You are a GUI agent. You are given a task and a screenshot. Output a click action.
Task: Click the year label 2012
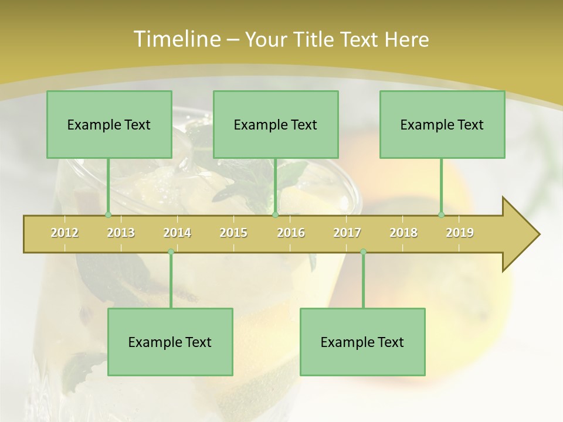[x=65, y=233]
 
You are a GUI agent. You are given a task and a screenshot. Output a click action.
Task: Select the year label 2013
[x=121, y=233]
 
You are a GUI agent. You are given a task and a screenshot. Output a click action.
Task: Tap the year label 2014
[x=177, y=233]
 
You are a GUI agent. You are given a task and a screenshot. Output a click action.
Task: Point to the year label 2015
[x=233, y=233]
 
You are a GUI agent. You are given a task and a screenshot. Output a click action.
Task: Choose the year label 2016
[x=291, y=233]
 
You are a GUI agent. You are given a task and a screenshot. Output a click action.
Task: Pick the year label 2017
[x=347, y=233]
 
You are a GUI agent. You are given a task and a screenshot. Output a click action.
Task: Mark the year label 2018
[x=403, y=233]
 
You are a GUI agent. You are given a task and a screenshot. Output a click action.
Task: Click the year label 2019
[x=460, y=233]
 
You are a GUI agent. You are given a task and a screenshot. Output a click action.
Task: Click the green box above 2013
[x=109, y=124]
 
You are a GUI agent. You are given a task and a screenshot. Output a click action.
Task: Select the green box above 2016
[x=276, y=124]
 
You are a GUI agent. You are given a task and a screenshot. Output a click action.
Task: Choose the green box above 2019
[x=442, y=124]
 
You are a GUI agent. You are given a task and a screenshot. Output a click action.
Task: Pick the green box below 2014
[x=170, y=342]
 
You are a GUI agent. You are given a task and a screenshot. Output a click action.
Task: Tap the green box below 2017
[x=362, y=342]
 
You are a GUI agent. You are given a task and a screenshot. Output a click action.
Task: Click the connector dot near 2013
[x=108, y=215]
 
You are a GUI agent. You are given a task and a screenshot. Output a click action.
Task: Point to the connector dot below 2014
[x=171, y=251]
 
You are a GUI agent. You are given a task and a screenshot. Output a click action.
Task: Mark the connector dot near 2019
[x=441, y=215]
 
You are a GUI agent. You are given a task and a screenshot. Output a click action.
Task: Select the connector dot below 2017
[x=363, y=251]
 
